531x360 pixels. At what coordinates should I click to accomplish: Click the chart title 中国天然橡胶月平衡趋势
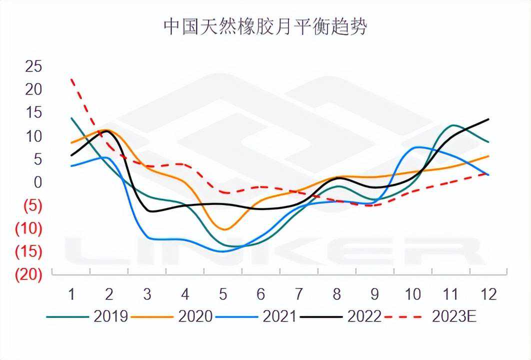(x=265, y=27)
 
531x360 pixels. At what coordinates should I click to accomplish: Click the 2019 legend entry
(x=110, y=316)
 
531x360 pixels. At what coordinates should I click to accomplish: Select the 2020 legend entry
(x=194, y=316)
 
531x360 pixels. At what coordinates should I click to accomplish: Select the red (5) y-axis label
(x=32, y=206)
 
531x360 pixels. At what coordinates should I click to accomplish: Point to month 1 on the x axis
(x=71, y=294)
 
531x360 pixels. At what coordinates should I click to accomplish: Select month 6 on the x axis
(x=260, y=294)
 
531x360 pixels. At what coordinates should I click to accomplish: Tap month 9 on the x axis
(x=374, y=294)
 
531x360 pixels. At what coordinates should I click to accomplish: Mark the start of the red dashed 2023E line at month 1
(x=72, y=79)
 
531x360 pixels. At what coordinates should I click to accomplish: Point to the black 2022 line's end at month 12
(x=488, y=119)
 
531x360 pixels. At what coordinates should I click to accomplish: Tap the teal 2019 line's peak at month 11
(x=453, y=125)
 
